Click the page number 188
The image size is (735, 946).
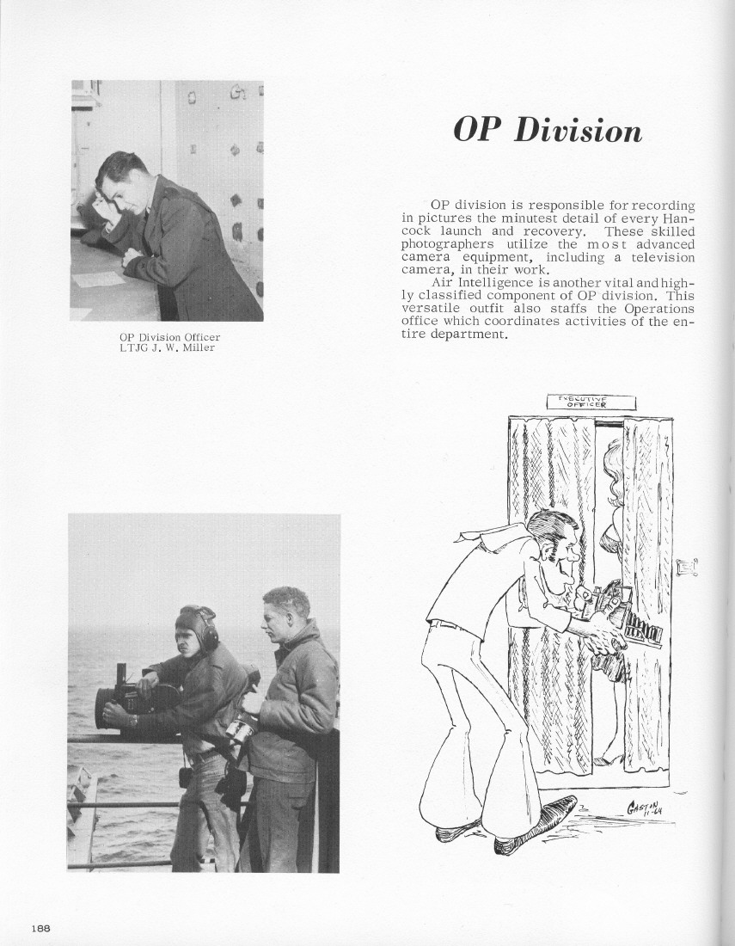pyautogui.click(x=40, y=928)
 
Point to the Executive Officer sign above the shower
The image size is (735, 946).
pyautogui.click(x=590, y=402)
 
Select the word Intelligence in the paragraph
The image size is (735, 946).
pyautogui.click(x=493, y=282)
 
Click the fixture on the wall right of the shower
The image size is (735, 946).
pyautogui.click(x=687, y=567)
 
